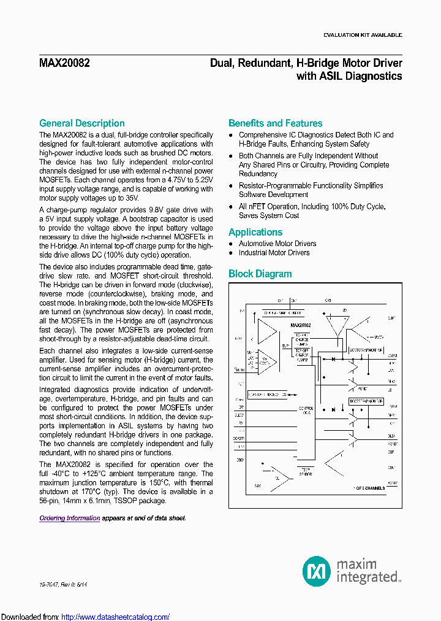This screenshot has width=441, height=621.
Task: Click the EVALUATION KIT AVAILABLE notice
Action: point(363,35)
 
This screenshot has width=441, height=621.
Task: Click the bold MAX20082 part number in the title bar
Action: point(62,63)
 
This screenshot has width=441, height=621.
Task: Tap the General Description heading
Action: point(82,123)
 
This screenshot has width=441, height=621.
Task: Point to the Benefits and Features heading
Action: point(275,123)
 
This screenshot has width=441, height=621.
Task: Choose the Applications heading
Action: point(255,232)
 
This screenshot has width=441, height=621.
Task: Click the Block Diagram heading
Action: point(260,274)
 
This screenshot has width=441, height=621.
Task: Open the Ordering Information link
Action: point(69,518)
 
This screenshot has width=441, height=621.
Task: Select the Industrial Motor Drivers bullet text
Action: point(274,253)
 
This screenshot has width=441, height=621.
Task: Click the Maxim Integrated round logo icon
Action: point(316,571)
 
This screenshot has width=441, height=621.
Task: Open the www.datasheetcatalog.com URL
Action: point(116,617)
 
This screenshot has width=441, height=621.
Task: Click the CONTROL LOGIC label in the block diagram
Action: point(306,410)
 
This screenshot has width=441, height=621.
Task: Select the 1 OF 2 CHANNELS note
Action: point(369,488)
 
